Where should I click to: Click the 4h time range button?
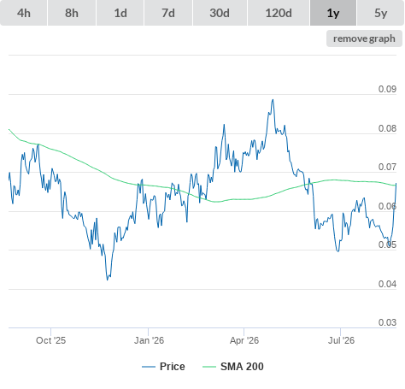pyautogui.click(x=24, y=13)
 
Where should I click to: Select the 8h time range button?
pyautogui.click(x=72, y=13)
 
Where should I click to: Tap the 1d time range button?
pyautogui.click(x=120, y=13)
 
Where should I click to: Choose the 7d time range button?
pyautogui.click(x=168, y=13)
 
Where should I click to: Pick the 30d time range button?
pyautogui.click(x=220, y=13)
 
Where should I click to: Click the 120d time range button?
pyautogui.click(x=279, y=13)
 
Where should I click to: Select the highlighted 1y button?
pyautogui.click(x=333, y=13)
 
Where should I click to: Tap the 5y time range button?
pyautogui.click(x=380, y=13)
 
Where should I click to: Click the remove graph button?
pyautogui.click(x=364, y=38)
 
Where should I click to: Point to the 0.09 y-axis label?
pyautogui.click(x=387, y=89)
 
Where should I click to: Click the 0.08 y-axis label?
pyautogui.click(x=387, y=128)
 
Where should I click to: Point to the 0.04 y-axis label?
pyautogui.click(x=387, y=284)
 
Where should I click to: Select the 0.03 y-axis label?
pyautogui.click(x=387, y=322)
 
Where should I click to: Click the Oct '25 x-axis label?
pyautogui.click(x=50, y=340)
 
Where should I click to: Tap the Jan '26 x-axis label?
pyautogui.click(x=149, y=340)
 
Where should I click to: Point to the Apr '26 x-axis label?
pyautogui.click(x=244, y=340)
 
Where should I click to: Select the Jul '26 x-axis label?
pyautogui.click(x=341, y=340)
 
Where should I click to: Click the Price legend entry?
pyautogui.click(x=163, y=367)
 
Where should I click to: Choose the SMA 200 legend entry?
pyautogui.click(x=233, y=367)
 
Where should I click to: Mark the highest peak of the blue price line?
pyautogui.click(x=273, y=100)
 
